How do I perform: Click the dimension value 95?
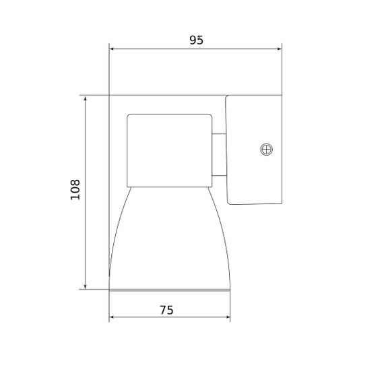click(x=195, y=40)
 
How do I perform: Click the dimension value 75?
click(x=166, y=310)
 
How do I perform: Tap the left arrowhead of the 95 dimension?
click(x=113, y=49)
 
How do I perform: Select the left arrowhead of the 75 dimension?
click(x=113, y=318)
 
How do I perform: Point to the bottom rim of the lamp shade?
click(x=170, y=290)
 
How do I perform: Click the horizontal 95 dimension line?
click(x=155, y=49)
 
